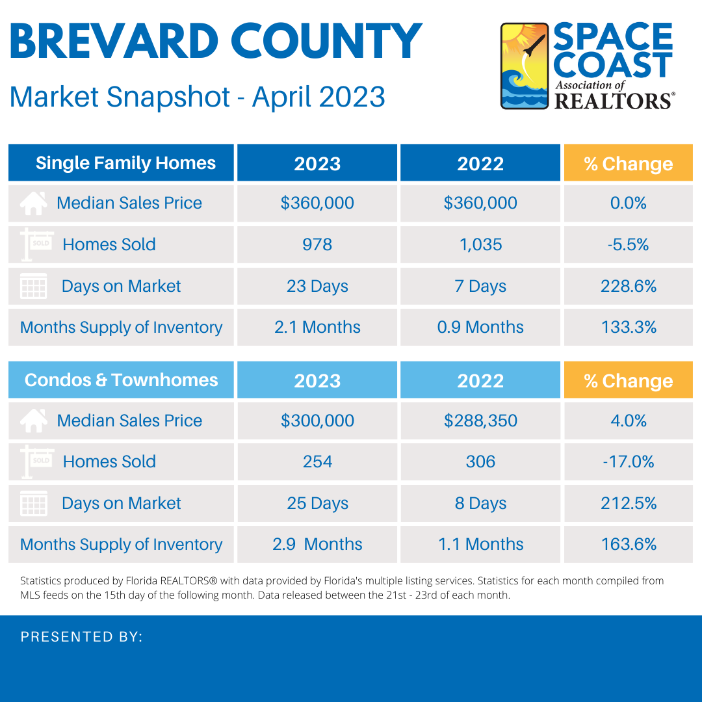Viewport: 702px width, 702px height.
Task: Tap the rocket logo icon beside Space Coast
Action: tap(525, 66)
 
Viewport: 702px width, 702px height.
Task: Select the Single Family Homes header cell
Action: tap(122, 163)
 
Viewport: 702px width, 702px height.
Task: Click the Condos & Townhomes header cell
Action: tap(122, 380)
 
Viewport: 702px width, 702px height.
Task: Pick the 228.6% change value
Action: tap(628, 286)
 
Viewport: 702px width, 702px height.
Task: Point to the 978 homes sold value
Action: tap(317, 244)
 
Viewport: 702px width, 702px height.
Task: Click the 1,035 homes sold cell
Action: tap(480, 244)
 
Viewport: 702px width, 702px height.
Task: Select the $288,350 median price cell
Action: tap(480, 421)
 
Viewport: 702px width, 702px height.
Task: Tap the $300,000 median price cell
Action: tap(317, 421)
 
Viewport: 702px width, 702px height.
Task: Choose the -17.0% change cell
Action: tap(628, 461)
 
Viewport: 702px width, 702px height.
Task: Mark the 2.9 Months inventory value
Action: tap(317, 544)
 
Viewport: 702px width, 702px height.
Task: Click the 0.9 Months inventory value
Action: tap(480, 327)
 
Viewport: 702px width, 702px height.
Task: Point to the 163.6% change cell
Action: tap(628, 544)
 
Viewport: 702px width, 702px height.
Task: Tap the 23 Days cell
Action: tap(317, 286)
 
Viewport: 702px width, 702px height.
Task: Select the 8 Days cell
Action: tap(480, 503)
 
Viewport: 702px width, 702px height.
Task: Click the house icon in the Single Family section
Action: tap(33, 203)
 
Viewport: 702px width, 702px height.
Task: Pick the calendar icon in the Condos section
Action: tap(33, 504)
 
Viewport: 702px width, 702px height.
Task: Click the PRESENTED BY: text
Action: tap(81, 637)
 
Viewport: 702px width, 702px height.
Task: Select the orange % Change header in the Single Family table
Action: tap(628, 163)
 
